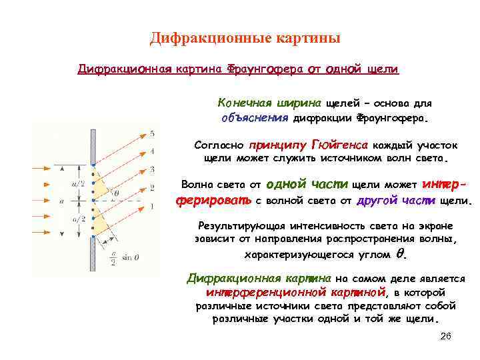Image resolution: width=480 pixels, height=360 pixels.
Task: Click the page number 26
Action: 446,337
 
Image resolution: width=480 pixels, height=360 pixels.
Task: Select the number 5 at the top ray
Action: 152,133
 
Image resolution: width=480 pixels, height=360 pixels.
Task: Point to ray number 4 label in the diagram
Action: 152,151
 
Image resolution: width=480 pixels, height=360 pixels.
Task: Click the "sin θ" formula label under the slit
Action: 123,252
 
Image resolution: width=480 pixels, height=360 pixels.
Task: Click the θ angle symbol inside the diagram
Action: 117,193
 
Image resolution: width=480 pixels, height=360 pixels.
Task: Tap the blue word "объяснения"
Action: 254,118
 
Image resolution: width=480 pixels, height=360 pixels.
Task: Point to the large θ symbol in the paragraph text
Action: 400,254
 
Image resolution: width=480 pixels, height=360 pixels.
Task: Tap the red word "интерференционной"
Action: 254,292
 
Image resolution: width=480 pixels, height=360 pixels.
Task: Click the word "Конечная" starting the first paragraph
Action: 242,104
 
